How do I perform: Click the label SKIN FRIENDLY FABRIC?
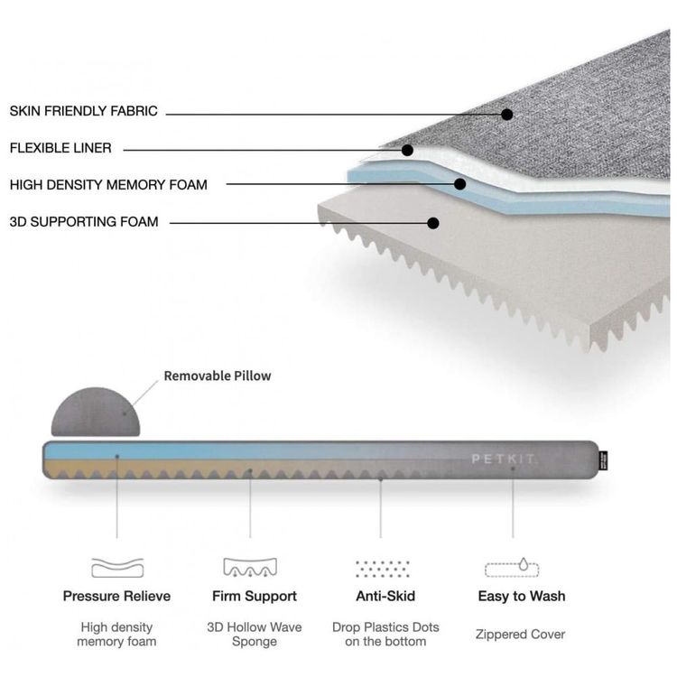(x=83, y=111)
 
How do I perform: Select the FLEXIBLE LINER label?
(x=60, y=148)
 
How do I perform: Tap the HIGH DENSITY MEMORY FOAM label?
(x=108, y=185)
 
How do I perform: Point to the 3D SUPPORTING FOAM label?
(x=84, y=222)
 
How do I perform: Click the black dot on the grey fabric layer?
(x=507, y=115)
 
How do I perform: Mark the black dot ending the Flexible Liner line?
(x=407, y=150)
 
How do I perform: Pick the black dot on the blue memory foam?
(x=459, y=184)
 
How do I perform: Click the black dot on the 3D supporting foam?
(x=433, y=223)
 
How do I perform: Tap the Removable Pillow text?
(x=218, y=376)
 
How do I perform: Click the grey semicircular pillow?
(x=96, y=412)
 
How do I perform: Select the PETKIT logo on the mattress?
(x=503, y=459)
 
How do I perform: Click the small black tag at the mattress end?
(x=603, y=460)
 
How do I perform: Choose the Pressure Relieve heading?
(x=116, y=597)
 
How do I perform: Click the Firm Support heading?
(x=255, y=597)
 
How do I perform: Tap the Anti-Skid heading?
(x=385, y=597)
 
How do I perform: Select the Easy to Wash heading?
(x=522, y=597)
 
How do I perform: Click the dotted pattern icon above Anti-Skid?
(x=382, y=569)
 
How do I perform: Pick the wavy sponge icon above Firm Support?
(x=250, y=568)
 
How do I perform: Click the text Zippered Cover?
(x=520, y=635)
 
